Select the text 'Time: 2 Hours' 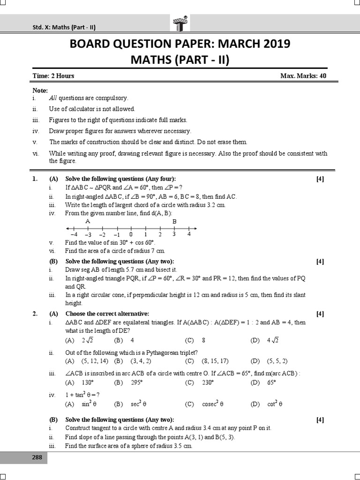click(53, 76)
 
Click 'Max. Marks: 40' click(303, 76)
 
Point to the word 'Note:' click(40, 90)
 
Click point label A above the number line click(88, 221)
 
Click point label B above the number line click(174, 221)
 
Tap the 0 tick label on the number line click(131, 234)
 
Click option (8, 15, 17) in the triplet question click(215, 361)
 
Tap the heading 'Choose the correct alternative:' click(107, 314)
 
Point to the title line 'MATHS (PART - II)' click(180, 60)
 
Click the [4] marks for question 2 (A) click(320, 314)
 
